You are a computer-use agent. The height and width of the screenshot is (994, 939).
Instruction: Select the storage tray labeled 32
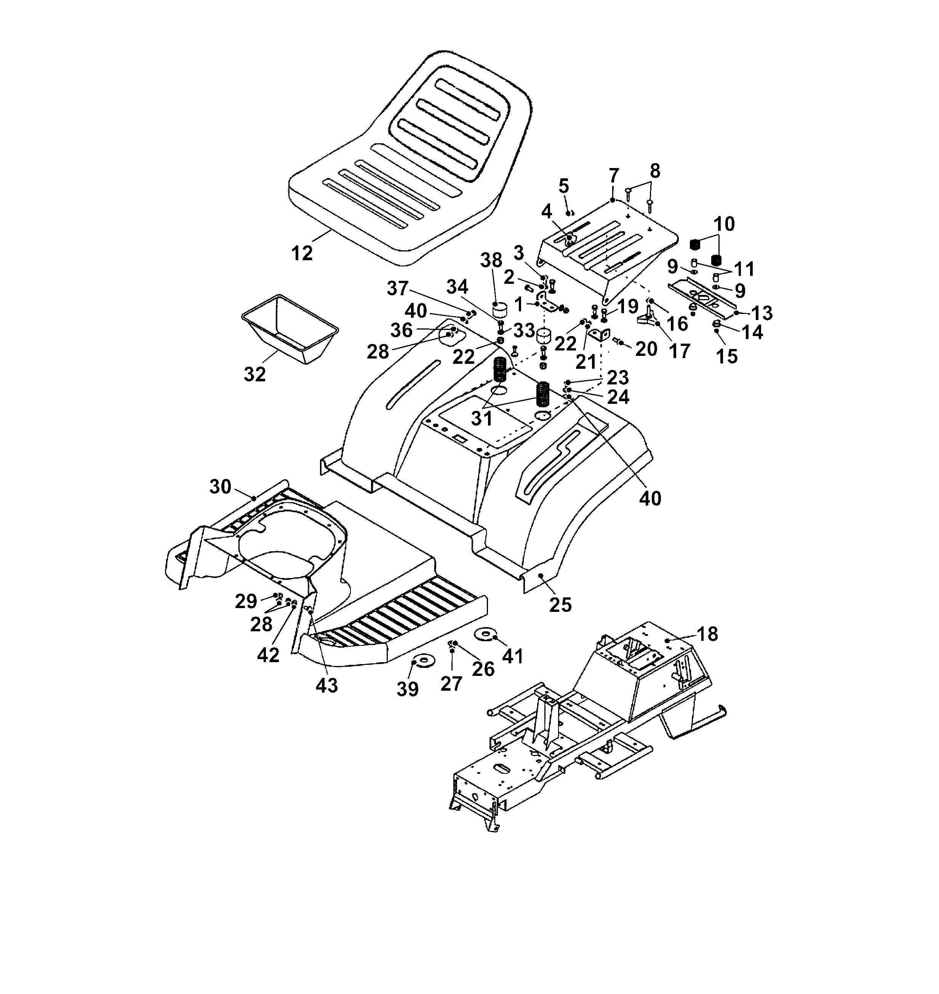(x=290, y=328)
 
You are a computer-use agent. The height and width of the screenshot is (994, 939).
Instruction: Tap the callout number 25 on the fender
(x=560, y=605)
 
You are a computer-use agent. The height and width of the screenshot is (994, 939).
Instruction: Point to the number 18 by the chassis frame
(x=707, y=634)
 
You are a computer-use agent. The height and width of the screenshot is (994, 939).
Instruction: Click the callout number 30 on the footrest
(x=220, y=486)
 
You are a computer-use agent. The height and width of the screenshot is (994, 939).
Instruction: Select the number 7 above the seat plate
(x=614, y=176)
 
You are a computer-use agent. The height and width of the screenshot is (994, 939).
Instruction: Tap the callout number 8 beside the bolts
(x=655, y=171)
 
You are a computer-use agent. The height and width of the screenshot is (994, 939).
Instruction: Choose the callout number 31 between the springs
(x=481, y=418)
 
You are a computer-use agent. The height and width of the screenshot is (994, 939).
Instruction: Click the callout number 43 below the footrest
(x=327, y=685)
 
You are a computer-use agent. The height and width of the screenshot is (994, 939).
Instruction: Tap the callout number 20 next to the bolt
(x=646, y=349)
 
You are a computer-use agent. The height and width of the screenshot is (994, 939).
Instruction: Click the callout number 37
(x=398, y=288)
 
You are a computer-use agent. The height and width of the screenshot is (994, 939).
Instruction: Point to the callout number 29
(x=246, y=601)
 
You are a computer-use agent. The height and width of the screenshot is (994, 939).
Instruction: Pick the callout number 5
(x=564, y=186)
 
